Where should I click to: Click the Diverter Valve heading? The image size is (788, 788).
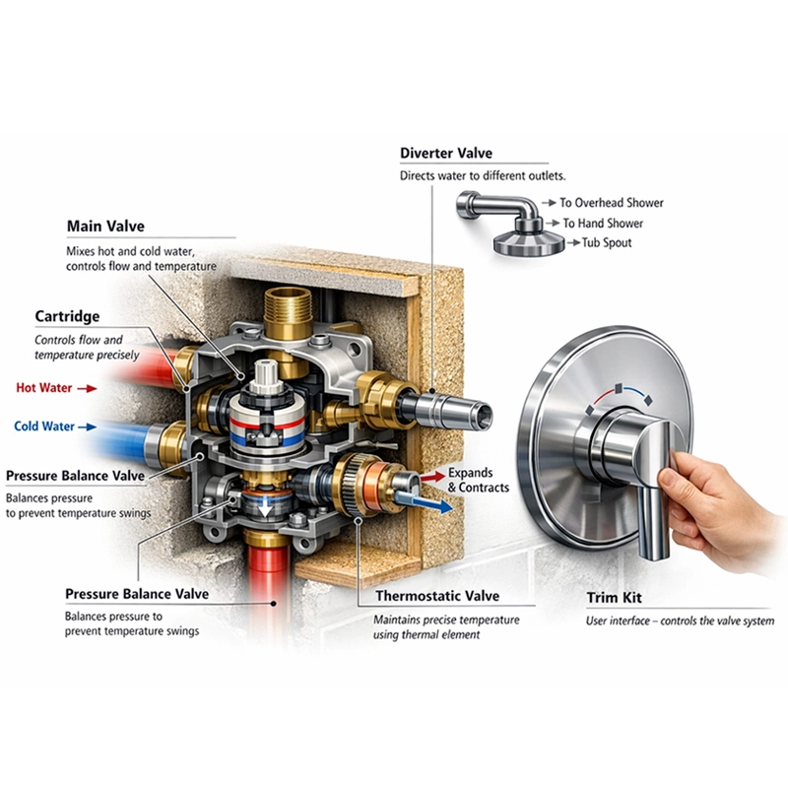coord(446,154)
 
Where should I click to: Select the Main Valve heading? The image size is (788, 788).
coord(105,227)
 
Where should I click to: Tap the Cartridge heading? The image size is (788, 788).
coord(67,316)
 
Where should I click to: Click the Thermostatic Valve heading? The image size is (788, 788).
coord(437,596)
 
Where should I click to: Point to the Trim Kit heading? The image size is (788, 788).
coord(614,598)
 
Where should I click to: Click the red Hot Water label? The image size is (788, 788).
coord(43,388)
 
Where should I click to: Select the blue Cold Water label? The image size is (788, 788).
coord(44,427)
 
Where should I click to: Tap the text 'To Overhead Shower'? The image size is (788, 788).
coord(612,203)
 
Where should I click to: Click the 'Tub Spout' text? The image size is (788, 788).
coord(607,242)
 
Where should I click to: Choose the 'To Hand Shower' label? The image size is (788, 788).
coord(603,223)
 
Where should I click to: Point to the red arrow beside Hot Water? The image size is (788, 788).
coord(87,388)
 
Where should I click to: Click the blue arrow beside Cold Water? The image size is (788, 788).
coord(88,427)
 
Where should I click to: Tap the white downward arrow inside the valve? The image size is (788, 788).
coord(265,508)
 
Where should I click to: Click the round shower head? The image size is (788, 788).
coord(528,243)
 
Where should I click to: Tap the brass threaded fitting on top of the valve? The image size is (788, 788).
coord(288,312)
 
